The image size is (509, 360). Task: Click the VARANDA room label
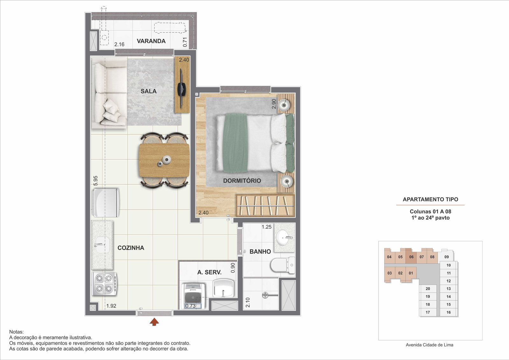[151, 41]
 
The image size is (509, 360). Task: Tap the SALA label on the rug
[149, 91]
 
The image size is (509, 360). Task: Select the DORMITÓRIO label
[242, 181]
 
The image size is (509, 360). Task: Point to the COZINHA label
[131, 248]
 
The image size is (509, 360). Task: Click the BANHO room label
[260, 252]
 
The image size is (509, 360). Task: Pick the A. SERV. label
[209, 272]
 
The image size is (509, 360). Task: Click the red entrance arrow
[154, 322]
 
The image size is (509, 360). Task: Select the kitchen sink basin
[102, 245]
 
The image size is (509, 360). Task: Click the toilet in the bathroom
[283, 265]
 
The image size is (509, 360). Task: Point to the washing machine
[193, 296]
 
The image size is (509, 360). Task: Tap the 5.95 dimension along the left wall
[95, 181]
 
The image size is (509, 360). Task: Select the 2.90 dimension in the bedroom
[274, 104]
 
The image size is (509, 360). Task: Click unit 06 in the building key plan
[411, 257]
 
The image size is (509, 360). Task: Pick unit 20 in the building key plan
[428, 289]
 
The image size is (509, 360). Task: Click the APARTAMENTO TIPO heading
[430, 199]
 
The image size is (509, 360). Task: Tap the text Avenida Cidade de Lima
[429, 345]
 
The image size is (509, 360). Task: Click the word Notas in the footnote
[16, 332]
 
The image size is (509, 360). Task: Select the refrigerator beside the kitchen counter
[105, 203]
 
